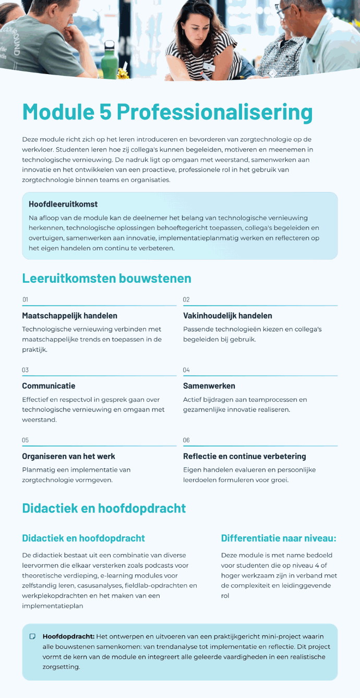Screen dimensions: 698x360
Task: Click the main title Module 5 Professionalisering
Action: click(167, 112)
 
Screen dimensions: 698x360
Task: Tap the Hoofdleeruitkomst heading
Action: click(63, 204)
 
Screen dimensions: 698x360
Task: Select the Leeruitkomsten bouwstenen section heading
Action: click(106, 278)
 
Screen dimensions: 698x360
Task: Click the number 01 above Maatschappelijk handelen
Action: click(25, 299)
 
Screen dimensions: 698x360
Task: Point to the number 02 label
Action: click(186, 299)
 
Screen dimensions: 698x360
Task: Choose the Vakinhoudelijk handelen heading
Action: click(227, 316)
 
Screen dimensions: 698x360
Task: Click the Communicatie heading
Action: click(49, 386)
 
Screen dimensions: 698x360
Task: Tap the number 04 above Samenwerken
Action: click(186, 370)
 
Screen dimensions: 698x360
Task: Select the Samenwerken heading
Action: click(209, 386)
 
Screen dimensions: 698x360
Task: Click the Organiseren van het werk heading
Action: click(68, 456)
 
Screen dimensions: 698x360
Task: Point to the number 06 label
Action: click(186, 440)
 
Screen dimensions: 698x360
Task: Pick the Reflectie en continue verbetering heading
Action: click(244, 456)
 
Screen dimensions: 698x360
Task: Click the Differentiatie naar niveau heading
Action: click(278, 538)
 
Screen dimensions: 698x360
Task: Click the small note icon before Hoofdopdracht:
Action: click(33, 636)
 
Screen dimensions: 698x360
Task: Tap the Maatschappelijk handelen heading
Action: click(69, 316)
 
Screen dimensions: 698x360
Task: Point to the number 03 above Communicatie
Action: click(25, 370)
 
